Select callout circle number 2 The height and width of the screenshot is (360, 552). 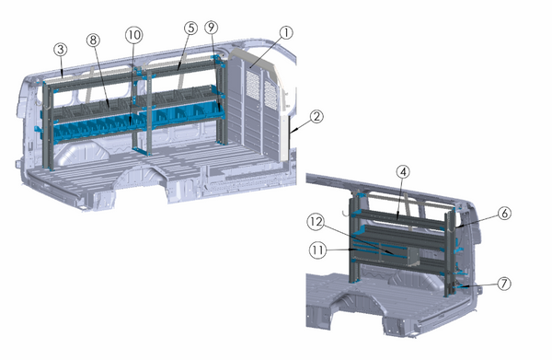(x=316, y=117)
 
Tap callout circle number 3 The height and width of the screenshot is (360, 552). (x=59, y=48)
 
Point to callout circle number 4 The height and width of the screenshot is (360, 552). (x=403, y=171)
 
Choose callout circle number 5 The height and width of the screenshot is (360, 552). (x=190, y=29)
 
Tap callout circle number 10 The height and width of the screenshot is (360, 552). (x=134, y=33)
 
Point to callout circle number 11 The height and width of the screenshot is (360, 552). (x=316, y=249)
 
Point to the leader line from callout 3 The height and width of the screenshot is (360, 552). (x=61, y=65)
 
